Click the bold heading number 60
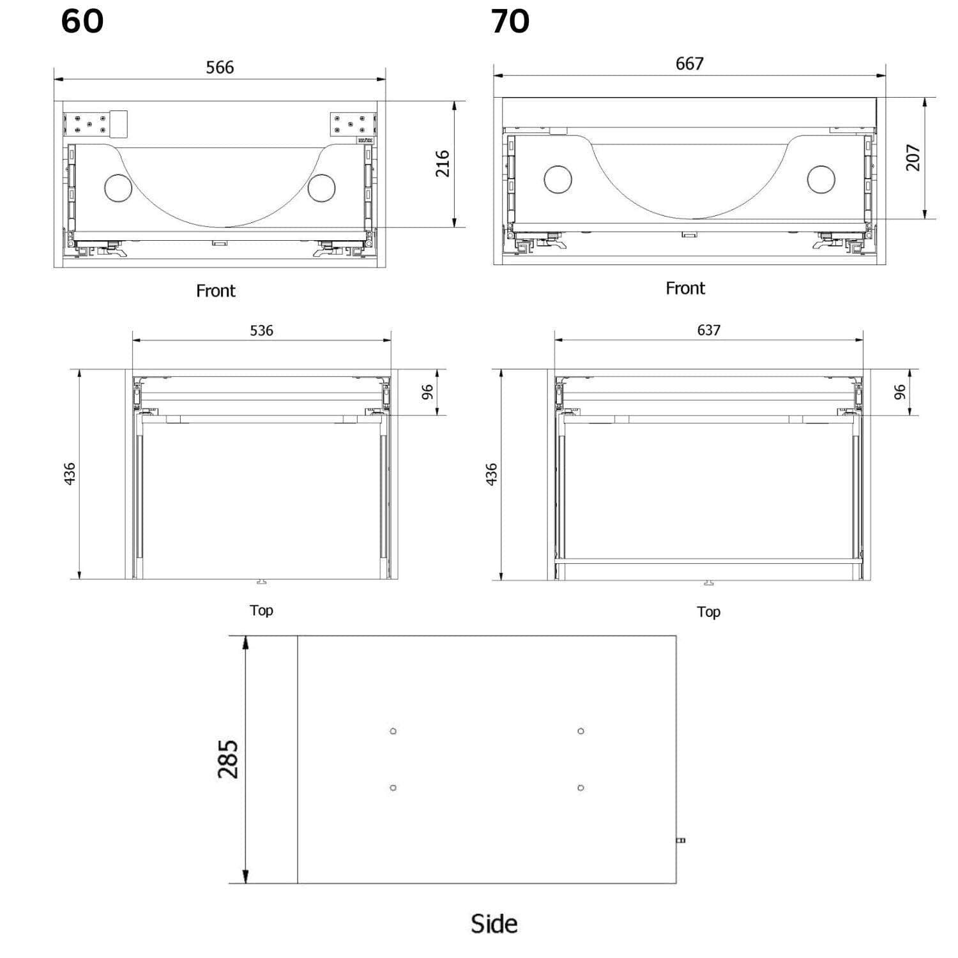point(82,21)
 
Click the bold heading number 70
point(510,21)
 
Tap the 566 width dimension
point(220,67)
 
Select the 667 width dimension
point(690,63)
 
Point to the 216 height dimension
point(443,163)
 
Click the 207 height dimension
point(913,157)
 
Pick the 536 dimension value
point(261,330)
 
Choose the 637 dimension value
point(709,330)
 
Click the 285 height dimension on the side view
point(228,759)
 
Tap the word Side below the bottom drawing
point(494,924)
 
